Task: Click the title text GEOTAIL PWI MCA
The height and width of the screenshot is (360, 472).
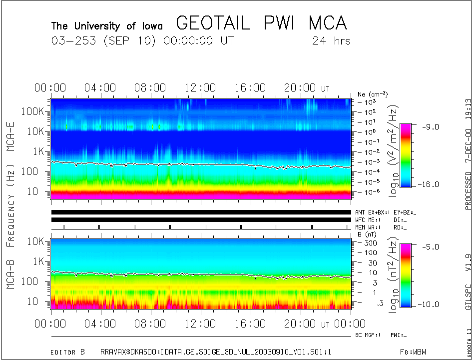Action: click(x=261, y=23)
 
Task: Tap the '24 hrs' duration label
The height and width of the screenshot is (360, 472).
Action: click(x=331, y=41)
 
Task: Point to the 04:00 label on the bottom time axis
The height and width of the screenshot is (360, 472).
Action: click(x=101, y=324)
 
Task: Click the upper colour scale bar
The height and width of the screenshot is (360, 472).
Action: click(x=406, y=155)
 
